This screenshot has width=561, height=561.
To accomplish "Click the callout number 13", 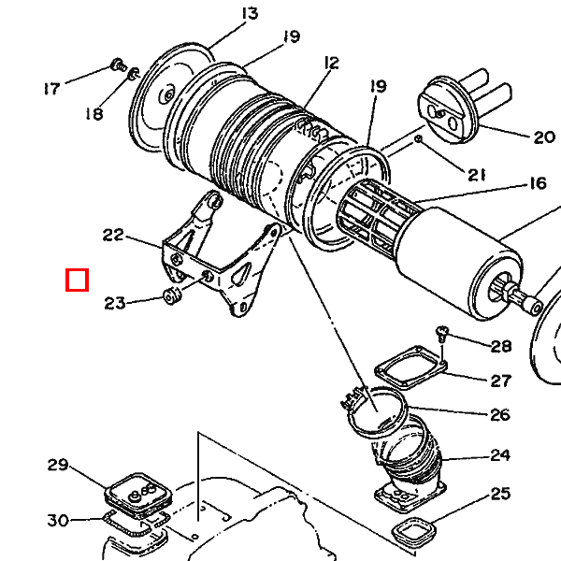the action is click(250, 14).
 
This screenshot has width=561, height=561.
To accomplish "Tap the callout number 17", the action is click(51, 89).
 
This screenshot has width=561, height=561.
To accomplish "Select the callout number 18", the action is click(94, 114).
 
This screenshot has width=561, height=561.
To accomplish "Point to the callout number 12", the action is click(331, 64).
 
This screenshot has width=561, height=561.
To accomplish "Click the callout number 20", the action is click(544, 137).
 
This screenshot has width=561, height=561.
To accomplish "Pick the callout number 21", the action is click(477, 175).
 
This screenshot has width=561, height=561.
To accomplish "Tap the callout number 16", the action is click(538, 183).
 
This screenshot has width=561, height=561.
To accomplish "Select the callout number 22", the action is click(113, 235).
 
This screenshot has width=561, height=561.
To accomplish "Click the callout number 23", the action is click(115, 303).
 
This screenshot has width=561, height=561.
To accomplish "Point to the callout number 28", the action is click(501, 346).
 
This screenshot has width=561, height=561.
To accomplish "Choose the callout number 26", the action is click(500, 415).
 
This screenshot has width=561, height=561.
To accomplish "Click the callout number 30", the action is click(58, 520).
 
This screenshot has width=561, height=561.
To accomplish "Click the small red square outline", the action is click(77, 280).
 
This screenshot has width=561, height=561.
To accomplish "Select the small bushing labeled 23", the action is click(172, 295).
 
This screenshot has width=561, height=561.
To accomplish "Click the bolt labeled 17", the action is click(119, 65).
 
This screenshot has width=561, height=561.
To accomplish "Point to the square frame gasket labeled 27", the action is click(410, 367).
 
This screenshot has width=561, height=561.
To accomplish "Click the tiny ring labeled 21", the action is click(418, 138).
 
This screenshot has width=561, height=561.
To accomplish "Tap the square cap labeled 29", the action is click(137, 495).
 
